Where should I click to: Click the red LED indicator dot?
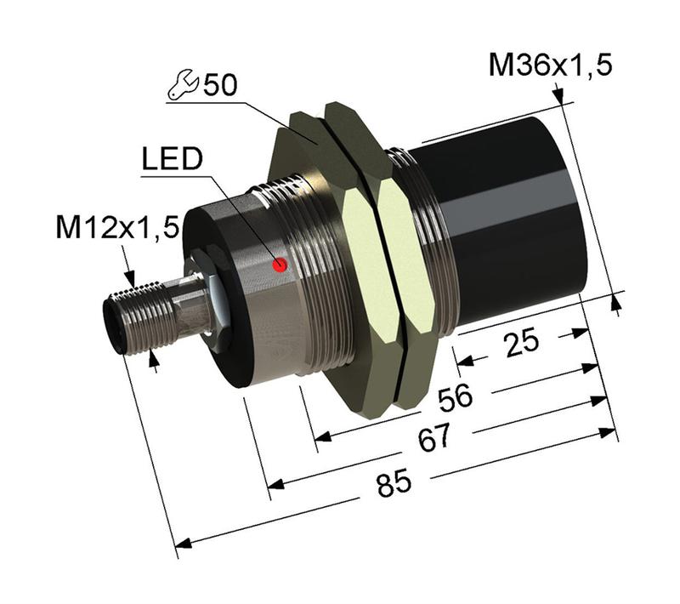(280, 266)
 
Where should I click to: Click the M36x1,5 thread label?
(550, 65)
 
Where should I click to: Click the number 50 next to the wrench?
(219, 85)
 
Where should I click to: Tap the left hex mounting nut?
(323, 255)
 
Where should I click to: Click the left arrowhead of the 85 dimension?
(180, 543)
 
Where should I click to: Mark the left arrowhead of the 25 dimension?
(464, 361)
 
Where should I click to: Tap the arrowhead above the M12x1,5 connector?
(131, 278)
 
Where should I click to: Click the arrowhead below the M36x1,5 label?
(561, 101)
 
